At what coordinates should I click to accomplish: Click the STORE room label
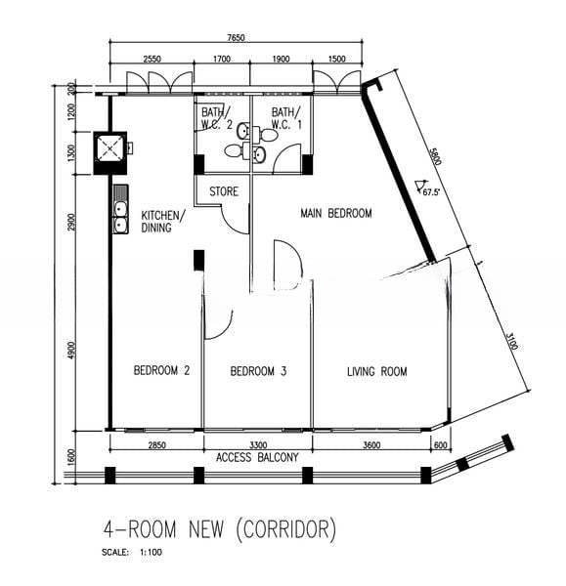pos(224,191)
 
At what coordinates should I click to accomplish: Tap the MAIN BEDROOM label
pos(336,213)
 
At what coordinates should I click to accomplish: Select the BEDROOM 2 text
pos(161,370)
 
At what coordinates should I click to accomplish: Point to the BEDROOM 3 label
pos(258,371)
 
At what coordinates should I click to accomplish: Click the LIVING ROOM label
pos(377,371)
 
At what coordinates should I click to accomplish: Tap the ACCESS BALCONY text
pos(257,457)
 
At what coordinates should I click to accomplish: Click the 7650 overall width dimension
pos(236,38)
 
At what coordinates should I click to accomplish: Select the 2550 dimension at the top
pos(152,59)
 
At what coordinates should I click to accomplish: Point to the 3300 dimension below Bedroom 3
pos(258,445)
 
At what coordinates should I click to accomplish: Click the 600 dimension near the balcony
pos(441,445)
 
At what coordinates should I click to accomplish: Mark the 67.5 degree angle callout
pos(427,188)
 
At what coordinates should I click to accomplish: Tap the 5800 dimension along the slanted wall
pos(436,156)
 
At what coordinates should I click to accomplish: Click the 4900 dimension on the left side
pos(72,351)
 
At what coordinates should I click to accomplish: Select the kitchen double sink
pos(120,209)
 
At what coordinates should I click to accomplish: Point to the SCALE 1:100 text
pos(132,552)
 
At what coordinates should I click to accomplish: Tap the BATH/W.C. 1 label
pos(286,118)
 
